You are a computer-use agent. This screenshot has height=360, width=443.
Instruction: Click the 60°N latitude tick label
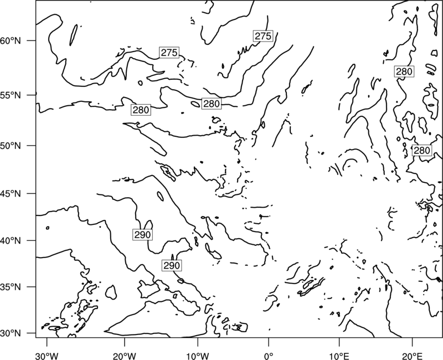coord(10,40)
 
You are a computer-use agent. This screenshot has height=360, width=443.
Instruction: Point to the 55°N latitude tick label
coord(10,95)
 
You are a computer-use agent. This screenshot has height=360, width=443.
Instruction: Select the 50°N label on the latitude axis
coord(10,146)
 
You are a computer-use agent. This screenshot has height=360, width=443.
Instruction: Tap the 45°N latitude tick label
coord(10,193)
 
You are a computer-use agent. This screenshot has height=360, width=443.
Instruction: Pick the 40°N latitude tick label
coord(10,240)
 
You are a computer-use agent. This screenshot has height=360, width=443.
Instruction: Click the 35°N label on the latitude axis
coord(10,287)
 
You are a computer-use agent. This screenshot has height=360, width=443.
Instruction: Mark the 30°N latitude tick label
coord(10,333)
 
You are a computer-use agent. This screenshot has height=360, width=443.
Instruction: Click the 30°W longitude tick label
coord(47,356)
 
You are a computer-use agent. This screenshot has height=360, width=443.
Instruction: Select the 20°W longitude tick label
coord(124,356)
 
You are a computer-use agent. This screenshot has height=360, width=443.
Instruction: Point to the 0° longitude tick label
coord(269,356)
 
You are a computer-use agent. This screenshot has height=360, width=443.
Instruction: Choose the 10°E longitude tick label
coord(339,356)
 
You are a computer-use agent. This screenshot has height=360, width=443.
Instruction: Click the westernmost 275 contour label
coord(169,53)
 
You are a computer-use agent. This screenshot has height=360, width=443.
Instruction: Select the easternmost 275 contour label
coord(263,36)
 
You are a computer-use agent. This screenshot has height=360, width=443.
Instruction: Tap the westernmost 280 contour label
coord(141,110)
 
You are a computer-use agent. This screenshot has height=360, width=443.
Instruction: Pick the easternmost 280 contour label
coord(421,150)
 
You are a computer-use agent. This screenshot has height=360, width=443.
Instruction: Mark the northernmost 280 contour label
coord(404,71)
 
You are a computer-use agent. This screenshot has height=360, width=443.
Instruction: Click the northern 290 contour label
coord(142,234)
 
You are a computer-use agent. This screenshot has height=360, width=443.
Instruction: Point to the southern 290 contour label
coord(172,265)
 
